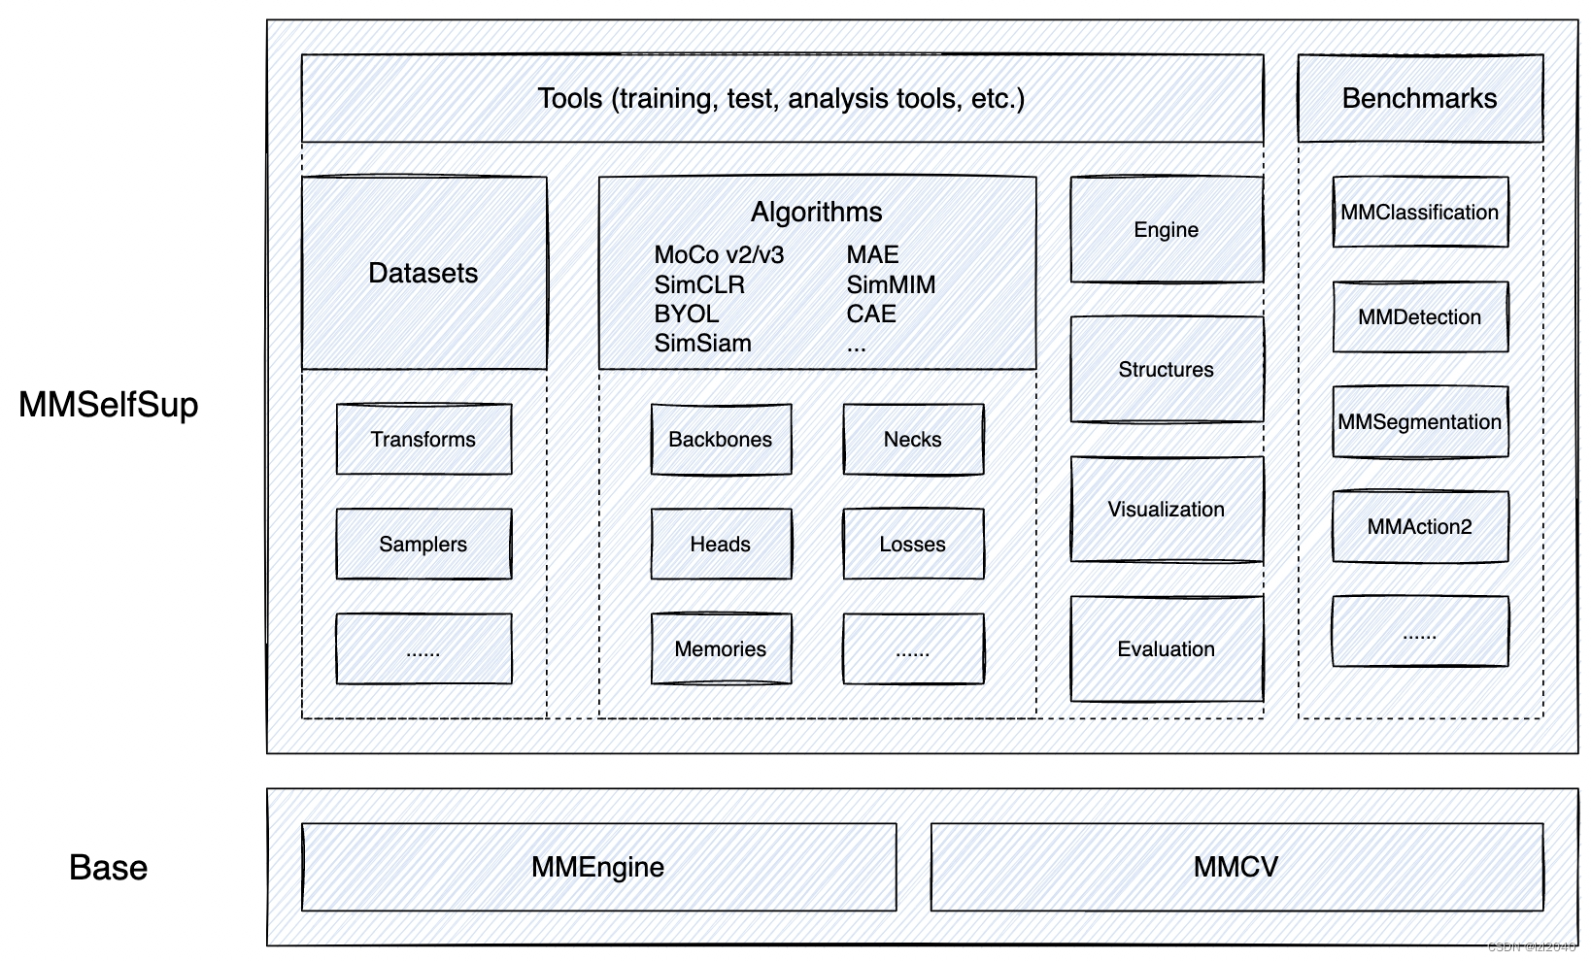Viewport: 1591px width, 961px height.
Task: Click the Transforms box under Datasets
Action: [424, 440]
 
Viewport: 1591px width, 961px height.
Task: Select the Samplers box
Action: [424, 544]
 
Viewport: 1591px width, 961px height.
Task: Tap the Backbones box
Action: [721, 440]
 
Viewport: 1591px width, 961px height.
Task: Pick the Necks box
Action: [913, 440]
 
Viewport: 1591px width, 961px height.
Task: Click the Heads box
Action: [721, 544]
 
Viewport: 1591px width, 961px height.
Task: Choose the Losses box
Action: [913, 544]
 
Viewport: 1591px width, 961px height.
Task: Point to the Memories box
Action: [721, 648]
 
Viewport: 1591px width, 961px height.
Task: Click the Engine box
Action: [1167, 229]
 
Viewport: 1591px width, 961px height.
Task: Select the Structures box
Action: [1167, 369]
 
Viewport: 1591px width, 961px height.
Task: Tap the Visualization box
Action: [1167, 509]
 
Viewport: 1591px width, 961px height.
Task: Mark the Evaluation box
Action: [1167, 648]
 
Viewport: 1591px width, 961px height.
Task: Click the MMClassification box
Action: [1420, 212]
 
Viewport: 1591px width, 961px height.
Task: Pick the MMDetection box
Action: [1420, 316]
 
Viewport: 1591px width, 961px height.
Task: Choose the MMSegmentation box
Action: [1420, 421]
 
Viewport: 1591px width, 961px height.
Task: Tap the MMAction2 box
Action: [1420, 527]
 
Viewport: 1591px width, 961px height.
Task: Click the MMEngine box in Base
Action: [598, 867]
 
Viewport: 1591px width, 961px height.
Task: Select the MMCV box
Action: [1236, 867]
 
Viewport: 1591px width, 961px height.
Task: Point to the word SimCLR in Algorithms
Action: [699, 284]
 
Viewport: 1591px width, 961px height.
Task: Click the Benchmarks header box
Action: [1420, 99]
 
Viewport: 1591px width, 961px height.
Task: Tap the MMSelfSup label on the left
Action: [108, 405]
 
